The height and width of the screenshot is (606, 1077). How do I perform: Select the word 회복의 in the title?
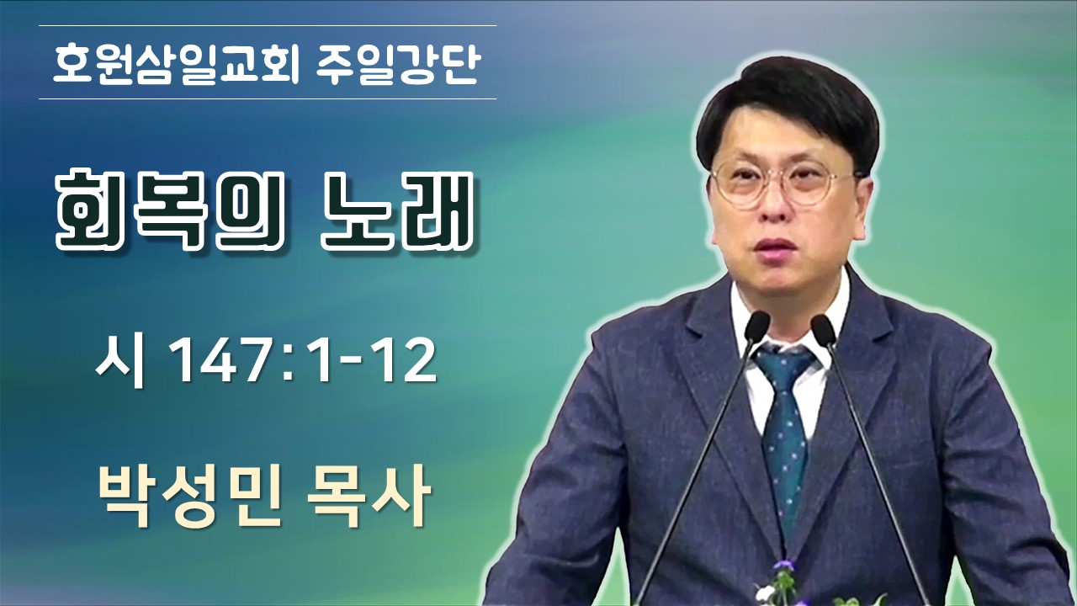(170, 211)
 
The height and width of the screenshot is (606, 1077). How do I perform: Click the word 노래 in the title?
(396, 211)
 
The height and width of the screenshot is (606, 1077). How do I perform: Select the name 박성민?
(189, 495)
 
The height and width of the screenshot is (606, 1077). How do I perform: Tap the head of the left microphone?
(756, 327)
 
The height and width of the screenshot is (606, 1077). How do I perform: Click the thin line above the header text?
(268, 25)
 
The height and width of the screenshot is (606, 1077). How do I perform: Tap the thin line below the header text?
(268, 98)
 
